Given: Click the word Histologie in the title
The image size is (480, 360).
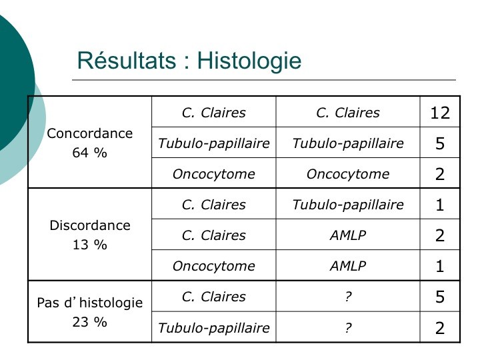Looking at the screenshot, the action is tap(249, 61).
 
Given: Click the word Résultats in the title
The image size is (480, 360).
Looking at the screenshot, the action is tap(127, 60).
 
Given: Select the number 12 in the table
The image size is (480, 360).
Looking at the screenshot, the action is tap(440, 113).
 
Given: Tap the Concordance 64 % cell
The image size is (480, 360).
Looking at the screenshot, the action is tap(90, 143).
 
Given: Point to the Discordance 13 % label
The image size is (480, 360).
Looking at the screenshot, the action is tap(90, 235).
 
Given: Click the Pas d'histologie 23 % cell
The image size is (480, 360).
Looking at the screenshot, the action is tap(90, 312).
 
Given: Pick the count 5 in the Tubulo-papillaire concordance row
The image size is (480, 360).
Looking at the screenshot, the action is tap(440, 143).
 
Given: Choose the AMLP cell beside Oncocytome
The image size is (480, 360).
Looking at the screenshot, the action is tap(348, 266).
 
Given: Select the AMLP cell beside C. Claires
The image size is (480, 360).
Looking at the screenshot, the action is tap(348, 235).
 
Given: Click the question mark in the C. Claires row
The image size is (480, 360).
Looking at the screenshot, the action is tap(348, 297).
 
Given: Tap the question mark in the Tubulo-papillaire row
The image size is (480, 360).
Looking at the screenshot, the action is tap(348, 327).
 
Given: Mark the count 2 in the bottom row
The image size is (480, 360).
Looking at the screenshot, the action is tap(440, 328).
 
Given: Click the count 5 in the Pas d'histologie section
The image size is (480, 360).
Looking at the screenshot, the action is tap(440, 297).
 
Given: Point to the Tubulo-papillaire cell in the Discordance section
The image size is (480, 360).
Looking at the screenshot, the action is tap(348, 205).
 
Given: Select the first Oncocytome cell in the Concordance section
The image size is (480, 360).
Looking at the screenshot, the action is tap(214, 174).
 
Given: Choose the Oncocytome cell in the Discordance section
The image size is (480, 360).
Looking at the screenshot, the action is tap(214, 266).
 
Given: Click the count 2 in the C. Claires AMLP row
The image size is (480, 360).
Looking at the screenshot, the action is tap(440, 235).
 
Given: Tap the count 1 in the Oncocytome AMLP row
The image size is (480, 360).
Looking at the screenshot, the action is tap(440, 266).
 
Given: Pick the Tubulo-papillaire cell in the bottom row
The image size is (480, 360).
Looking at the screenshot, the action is tap(214, 328).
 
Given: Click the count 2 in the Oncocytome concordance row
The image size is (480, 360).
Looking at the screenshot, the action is tap(440, 174).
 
